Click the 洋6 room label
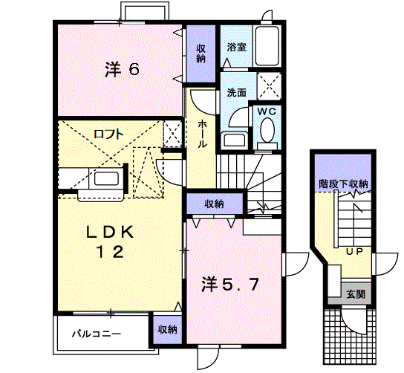(122, 71)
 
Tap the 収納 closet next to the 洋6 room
(201, 53)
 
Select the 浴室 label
(237, 46)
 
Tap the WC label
(266, 111)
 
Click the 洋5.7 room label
(229, 283)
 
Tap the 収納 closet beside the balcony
(167, 329)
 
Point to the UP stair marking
(352, 251)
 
